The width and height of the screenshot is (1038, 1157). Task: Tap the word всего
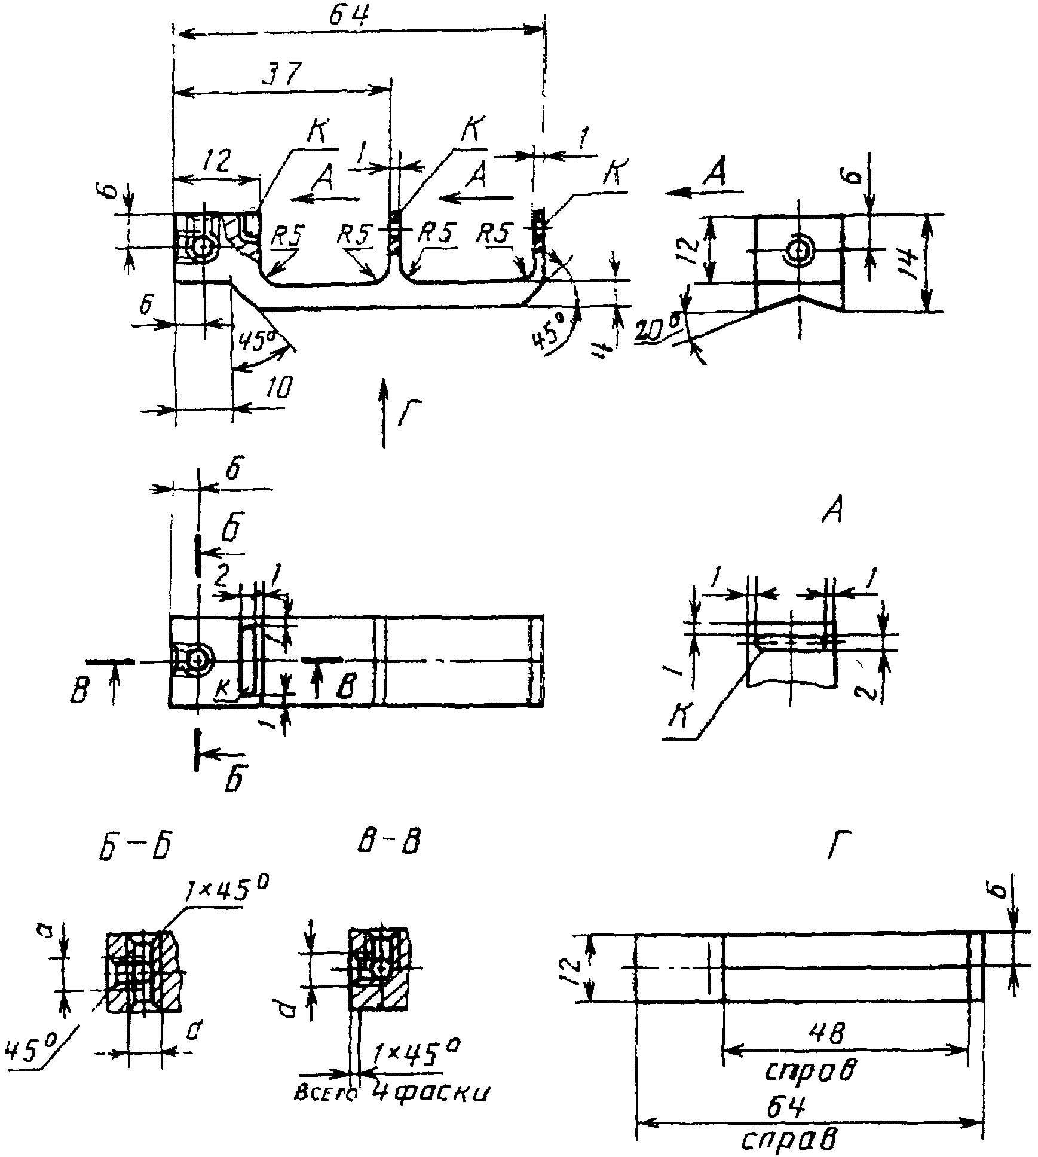point(326,1094)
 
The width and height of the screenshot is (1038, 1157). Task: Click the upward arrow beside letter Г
point(384,412)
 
